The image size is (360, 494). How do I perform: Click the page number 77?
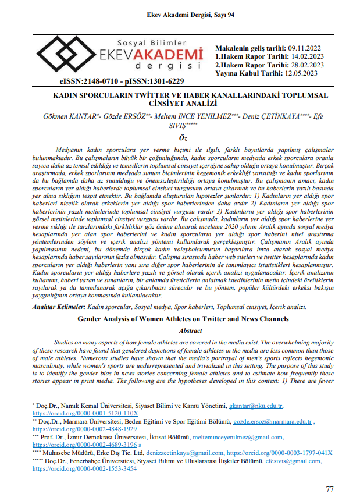[329, 472]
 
